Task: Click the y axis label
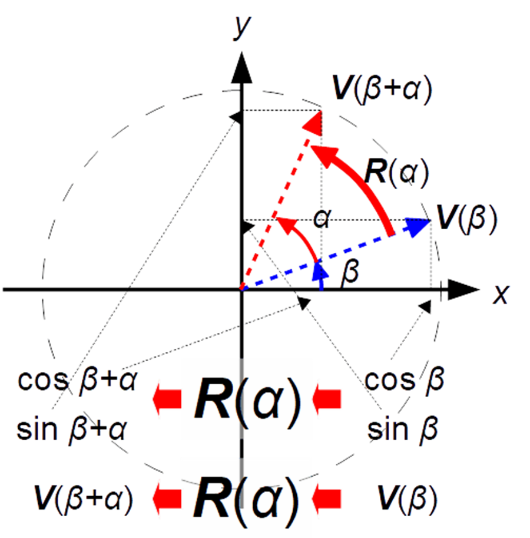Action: click(x=241, y=28)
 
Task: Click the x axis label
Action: click(x=501, y=295)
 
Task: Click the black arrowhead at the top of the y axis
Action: click(x=242, y=68)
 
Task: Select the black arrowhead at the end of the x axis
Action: click(x=463, y=290)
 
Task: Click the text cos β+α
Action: click(x=78, y=381)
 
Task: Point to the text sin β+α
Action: click(x=72, y=430)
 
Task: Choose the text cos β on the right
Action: click(x=405, y=380)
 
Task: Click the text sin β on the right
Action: click(x=402, y=430)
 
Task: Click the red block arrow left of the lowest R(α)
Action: click(x=167, y=499)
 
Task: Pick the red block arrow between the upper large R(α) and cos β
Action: click(x=327, y=399)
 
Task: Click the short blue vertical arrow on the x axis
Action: click(x=321, y=276)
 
